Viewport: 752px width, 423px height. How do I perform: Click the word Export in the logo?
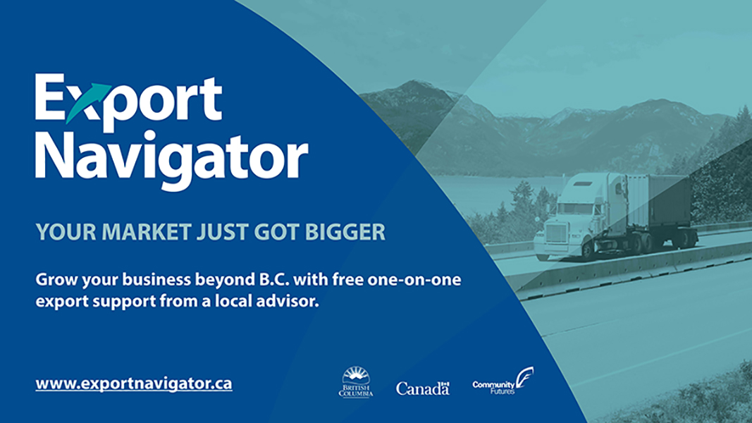click(128, 102)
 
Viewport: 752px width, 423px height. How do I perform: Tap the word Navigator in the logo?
click(171, 160)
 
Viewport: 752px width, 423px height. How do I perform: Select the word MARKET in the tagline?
click(147, 232)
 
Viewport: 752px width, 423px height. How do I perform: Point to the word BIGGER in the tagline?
click(345, 232)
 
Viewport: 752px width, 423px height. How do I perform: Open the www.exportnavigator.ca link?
click(134, 384)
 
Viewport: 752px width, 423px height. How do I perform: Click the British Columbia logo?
click(356, 382)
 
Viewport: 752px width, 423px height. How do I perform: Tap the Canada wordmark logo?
click(423, 388)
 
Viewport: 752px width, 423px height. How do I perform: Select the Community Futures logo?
click(503, 381)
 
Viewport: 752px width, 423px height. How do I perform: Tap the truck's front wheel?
click(588, 250)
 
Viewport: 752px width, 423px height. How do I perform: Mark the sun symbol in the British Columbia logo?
click(356, 374)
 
